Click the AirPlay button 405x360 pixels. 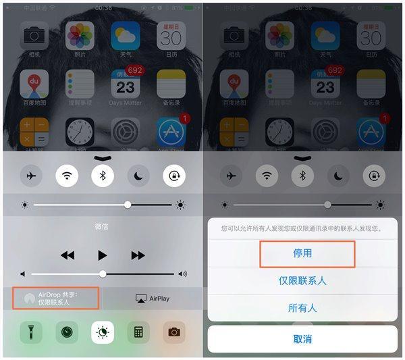153,298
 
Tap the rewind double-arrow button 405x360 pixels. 67,255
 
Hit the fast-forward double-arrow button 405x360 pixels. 138,255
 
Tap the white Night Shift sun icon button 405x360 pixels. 103,332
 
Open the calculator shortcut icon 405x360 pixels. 138,332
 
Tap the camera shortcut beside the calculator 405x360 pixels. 173,332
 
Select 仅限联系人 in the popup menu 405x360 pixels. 302,280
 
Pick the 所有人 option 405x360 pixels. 302,308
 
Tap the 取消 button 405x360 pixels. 302,339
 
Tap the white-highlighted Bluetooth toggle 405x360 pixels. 103,176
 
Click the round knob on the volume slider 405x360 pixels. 103,274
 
